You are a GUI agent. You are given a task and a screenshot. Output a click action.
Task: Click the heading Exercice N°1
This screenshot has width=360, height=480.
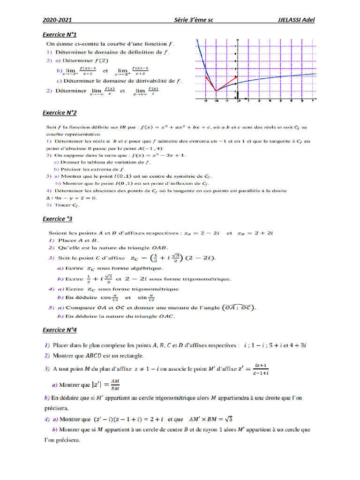[x=60, y=35]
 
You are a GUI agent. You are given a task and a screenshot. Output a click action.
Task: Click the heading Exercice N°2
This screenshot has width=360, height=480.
[x=60, y=113]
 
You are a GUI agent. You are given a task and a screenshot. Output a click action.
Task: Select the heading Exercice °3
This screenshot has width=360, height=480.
[x=57, y=219]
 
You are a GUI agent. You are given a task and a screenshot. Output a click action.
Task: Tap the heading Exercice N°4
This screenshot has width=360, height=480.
[x=60, y=330]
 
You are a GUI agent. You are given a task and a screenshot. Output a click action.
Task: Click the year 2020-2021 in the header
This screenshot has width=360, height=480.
[x=57, y=20]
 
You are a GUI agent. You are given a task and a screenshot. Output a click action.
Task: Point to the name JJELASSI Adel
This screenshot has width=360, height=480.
[x=296, y=20]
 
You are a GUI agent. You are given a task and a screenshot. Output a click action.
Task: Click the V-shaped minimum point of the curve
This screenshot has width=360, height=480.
[x=216, y=91]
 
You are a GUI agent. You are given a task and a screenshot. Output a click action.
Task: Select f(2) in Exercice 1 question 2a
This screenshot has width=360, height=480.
[x=101, y=60]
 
